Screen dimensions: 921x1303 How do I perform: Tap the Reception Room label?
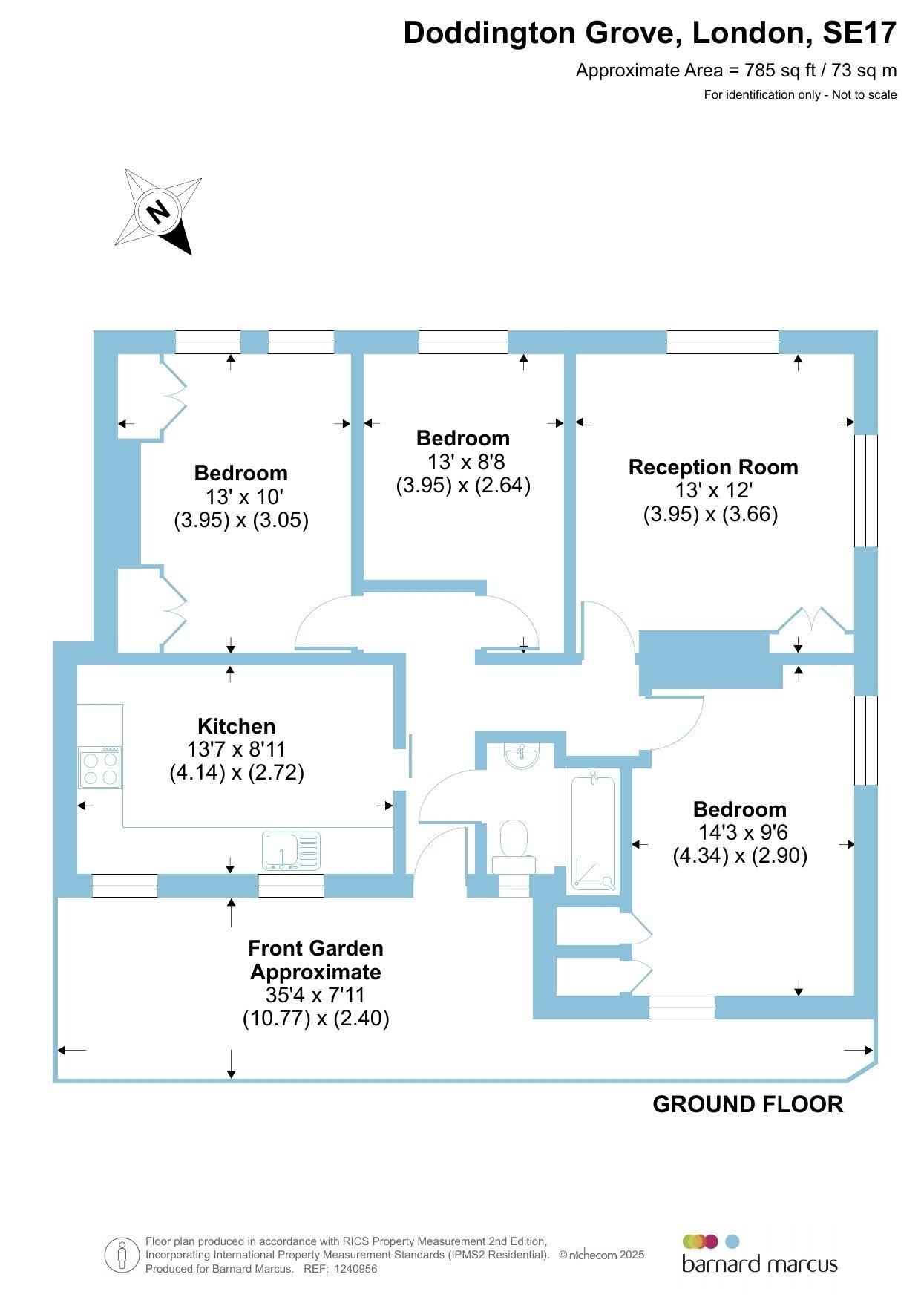[x=713, y=467]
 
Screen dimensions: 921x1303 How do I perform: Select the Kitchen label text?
[x=237, y=726]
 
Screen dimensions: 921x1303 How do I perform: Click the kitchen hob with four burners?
[x=100, y=767]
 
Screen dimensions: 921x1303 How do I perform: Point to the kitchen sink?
[x=291, y=851]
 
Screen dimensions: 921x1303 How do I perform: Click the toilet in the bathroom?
[x=514, y=847]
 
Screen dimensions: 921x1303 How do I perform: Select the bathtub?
[x=593, y=831]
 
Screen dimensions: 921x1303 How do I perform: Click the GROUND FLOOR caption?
[x=748, y=1104]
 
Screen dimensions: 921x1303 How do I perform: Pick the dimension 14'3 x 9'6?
[x=743, y=832]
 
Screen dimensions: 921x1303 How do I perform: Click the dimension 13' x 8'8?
[x=466, y=462]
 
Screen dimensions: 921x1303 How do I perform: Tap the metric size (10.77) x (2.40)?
[x=316, y=1018]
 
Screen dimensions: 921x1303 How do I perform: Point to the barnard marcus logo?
[x=759, y=1255]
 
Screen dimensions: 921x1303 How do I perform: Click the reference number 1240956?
[x=356, y=1269]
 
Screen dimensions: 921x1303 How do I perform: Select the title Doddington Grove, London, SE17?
[x=650, y=33]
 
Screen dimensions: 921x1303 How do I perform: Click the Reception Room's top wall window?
[x=723, y=342]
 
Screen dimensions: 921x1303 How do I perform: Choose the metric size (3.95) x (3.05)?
[x=241, y=520]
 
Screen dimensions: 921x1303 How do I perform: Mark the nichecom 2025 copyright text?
[x=603, y=1255]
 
